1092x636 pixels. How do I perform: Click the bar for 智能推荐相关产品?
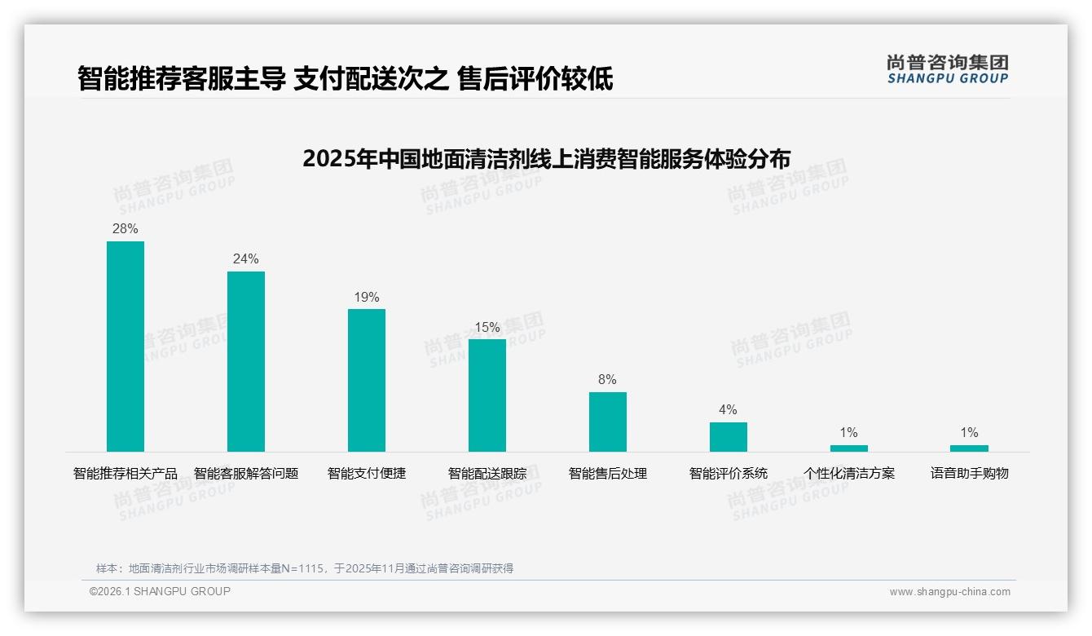pos(125,347)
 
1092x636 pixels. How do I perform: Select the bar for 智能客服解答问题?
pos(246,361)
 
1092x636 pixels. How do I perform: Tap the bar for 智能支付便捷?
pos(367,380)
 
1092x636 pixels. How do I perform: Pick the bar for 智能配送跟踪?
pos(487,395)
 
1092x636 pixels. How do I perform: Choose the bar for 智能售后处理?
pos(608,422)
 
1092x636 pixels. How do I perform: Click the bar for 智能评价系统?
pos(728,437)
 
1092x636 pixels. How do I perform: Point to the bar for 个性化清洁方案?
pos(849,448)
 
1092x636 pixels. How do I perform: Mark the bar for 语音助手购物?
pos(969,448)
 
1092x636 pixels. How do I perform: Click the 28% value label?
pos(125,229)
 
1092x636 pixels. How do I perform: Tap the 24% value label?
pos(246,259)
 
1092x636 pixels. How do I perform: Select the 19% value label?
pos(367,298)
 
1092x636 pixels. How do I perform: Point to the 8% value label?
pos(608,380)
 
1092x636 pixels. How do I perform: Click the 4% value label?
pos(728,410)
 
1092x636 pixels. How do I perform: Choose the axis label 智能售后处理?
pos(608,473)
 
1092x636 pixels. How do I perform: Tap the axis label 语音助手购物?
pos(970,473)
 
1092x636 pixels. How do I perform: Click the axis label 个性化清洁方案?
pos(849,473)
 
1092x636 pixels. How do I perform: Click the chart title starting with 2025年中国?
pos(546,158)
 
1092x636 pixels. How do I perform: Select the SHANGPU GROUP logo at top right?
pos(948,69)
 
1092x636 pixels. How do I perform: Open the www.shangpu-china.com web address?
pos(949,592)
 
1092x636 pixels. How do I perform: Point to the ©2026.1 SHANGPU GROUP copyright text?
pos(160,591)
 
